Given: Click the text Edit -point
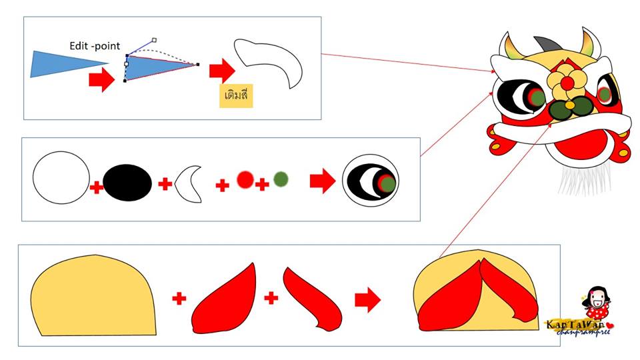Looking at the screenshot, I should coord(95,46).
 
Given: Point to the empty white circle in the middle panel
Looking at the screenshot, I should coord(61,178).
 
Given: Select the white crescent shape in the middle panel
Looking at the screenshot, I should coord(189,183).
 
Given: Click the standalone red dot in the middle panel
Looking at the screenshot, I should coord(245,179).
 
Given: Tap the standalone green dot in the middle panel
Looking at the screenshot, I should coord(281,179).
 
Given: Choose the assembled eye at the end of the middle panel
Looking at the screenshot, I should coord(371,179).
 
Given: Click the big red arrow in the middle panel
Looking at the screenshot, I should coord(323,181).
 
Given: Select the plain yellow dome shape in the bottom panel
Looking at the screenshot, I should coord(93,293).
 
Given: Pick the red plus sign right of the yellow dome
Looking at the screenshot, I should coord(179,299).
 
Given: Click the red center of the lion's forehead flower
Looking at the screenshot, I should coord(567,82).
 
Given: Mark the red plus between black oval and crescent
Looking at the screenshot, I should coord(165,183).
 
